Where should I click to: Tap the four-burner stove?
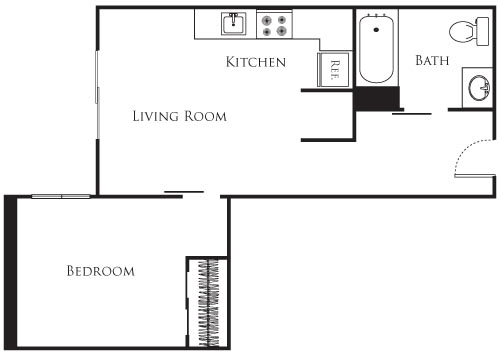point(273,24)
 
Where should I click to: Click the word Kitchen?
point(256,62)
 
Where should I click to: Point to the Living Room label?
point(180,116)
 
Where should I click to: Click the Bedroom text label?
point(100,271)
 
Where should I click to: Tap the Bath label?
point(432,61)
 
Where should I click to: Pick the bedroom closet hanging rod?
point(209,300)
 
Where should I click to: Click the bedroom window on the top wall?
point(62,196)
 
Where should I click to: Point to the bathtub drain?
point(377,19)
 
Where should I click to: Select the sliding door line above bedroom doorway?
point(184,191)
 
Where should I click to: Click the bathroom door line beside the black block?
point(411,113)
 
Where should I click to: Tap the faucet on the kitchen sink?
point(233,17)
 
